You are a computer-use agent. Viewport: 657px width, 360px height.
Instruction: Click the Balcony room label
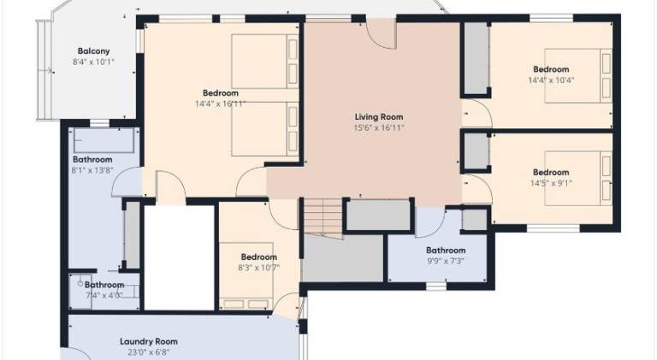tap(93, 51)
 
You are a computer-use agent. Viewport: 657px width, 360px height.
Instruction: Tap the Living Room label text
tap(379, 117)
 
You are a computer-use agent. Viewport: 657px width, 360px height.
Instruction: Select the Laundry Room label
tap(149, 341)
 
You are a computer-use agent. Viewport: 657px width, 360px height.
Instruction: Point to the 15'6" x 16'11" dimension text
tap(379, 127)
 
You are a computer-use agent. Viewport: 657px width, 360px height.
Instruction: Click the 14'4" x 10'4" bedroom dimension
tap(551, 80)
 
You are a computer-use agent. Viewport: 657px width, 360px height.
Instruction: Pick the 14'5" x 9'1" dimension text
tap(551, 183)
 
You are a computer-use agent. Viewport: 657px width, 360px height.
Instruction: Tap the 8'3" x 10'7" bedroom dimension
tap(258, 268)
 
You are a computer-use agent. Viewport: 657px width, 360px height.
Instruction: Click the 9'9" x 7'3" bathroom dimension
tap(446, 261)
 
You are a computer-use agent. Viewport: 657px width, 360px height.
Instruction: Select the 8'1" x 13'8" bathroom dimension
tap(92, 170)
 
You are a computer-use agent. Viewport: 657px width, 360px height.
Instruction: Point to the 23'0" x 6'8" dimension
tap(149, 352)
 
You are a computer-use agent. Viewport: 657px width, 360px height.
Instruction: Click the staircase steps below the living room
tap(323, 217)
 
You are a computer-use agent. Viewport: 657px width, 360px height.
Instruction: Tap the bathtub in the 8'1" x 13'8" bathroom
tap(104, 140)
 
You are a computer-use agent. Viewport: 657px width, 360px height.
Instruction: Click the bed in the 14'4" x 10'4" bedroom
tap(578, 76)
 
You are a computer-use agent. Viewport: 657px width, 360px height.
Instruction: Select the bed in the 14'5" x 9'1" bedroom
tap(578, 179)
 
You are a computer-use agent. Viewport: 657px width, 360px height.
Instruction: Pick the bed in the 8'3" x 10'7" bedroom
tap(246, 276)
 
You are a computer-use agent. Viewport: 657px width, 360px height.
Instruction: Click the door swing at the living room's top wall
tap(382, 35)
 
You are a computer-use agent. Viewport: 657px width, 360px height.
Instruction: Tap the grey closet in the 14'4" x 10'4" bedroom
tap(476, 58)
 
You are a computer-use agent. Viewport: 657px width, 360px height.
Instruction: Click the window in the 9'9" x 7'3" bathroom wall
tap(436, 286)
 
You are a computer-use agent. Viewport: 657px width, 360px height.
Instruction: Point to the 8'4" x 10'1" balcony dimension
tap(93, 62)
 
